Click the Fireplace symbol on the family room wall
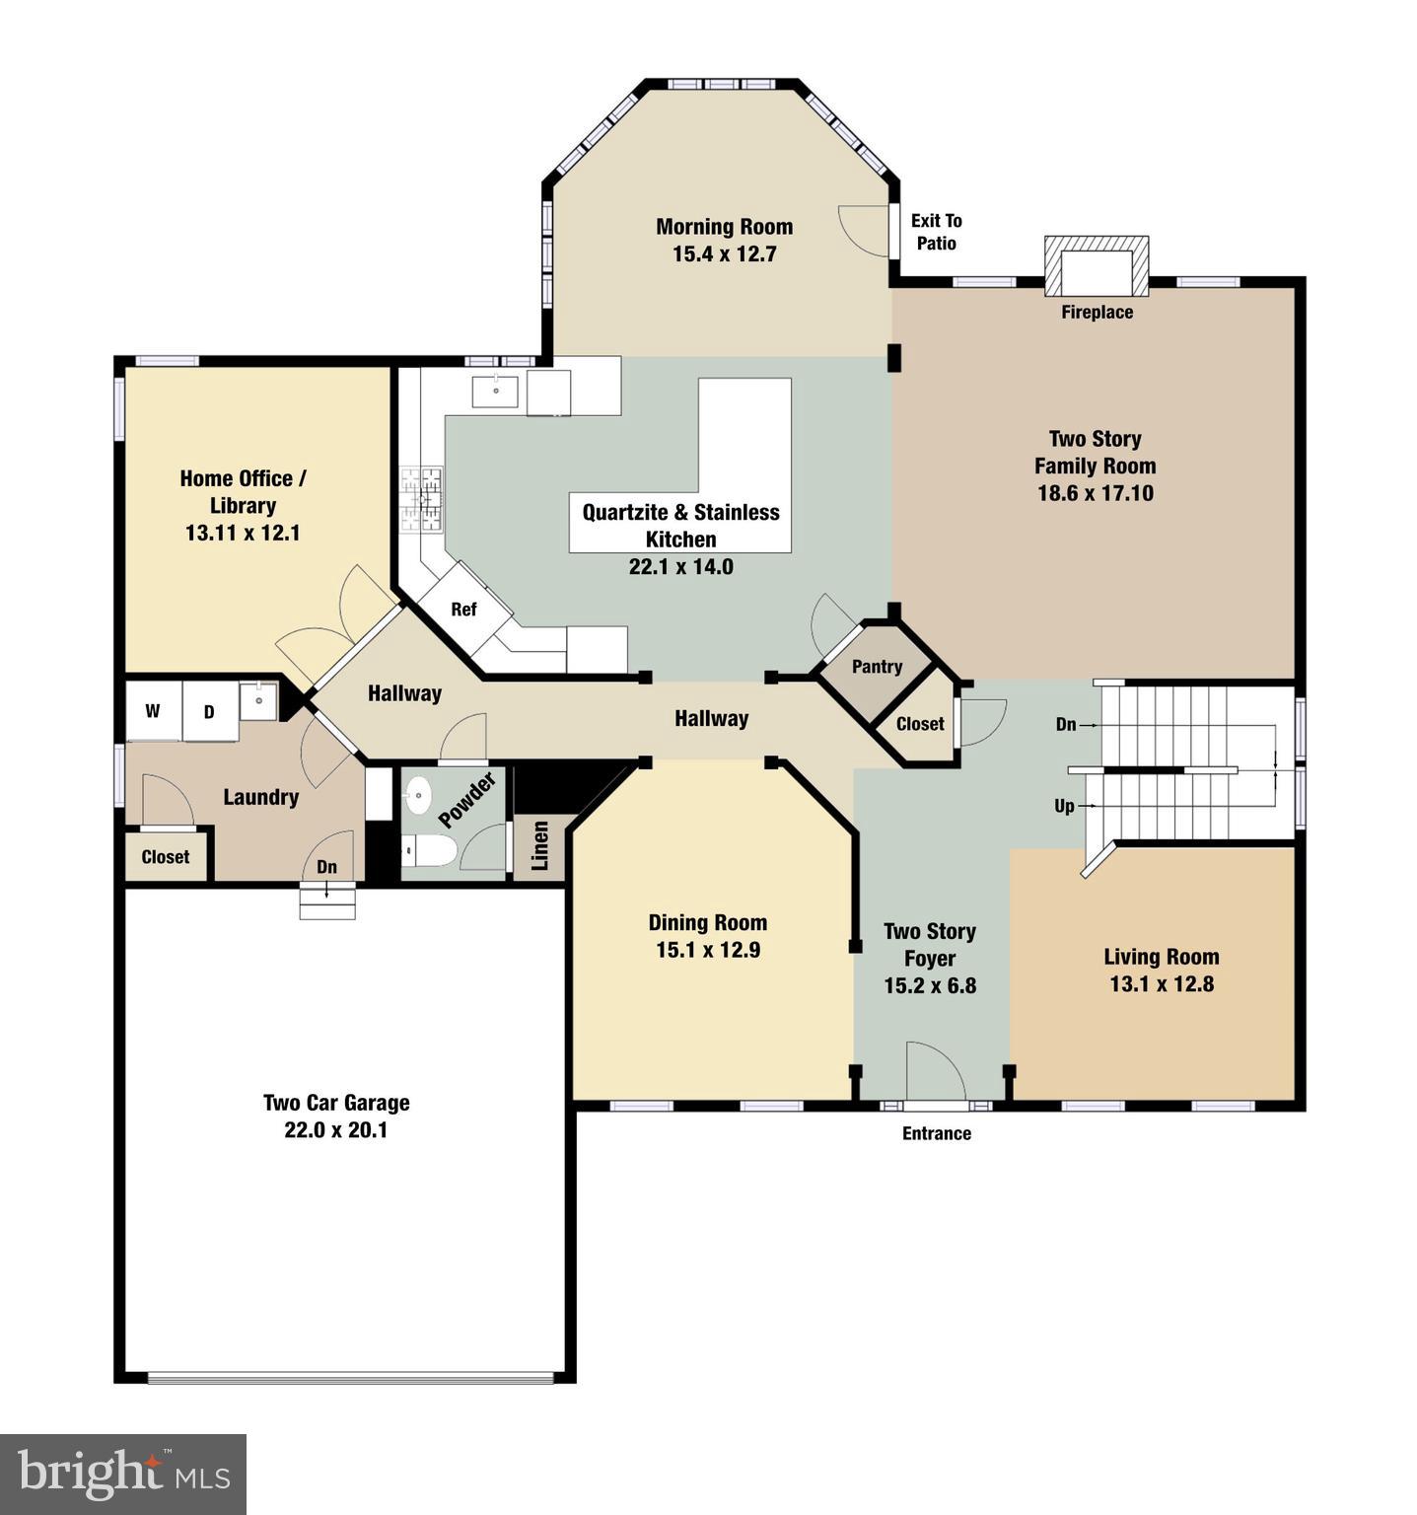pyautogui.click(x=1097, y=266)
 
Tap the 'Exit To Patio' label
pyautogui.click(x=936, y=232)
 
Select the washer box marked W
pyautogui.click(x=153, y=711)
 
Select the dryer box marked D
pyautogui.click(x=209, y=711)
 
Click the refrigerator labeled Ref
pyautogui.click(x=463, y=610)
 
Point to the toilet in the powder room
pyautogui.click(x=429, y=849)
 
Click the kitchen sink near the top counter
pyautogui.click(x=495, y=391)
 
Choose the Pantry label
pyautogui.click(x=877, y=667)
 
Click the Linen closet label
pyautogui.click(x=539, y=845)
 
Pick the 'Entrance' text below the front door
pyautogui.click(x=937, y=1133)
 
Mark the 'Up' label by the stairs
pyautogui.click(x=1064, y=806)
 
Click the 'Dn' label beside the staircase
pyautogui.click(x=1066, y=724)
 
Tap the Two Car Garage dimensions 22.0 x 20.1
pyautogui.click(x=336, y=1130)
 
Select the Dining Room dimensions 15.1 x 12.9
pyautogui.click(x=707, y=950)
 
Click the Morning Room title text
pyautogui.click(x=724, y=227)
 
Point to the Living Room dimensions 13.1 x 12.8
pyautogui.click(x=1162, y=983)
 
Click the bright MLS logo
pyautogui.click(x=123, y=1474)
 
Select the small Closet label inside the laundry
pyautogui.click(x=166, y=857)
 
